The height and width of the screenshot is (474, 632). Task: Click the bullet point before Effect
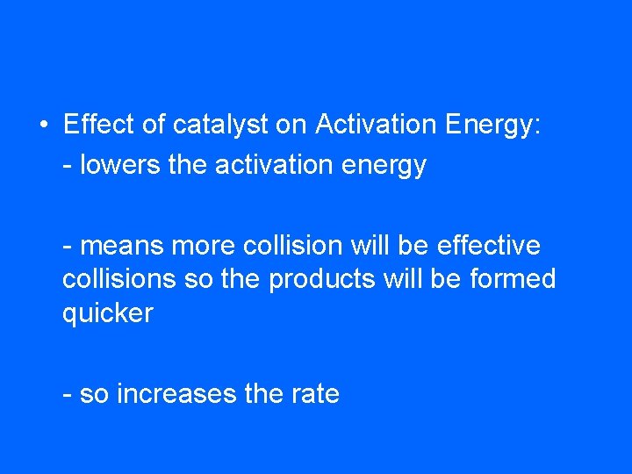43,126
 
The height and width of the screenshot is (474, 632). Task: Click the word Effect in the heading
99,125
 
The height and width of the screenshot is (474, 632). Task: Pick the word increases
176,394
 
